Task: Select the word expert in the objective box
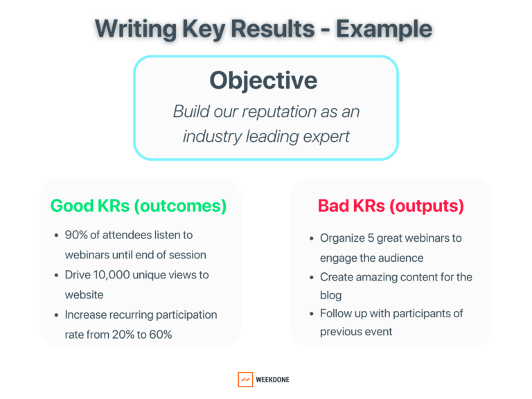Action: point(326,136)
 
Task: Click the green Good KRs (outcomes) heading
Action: point(138,206)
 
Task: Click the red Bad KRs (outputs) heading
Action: point(391,206)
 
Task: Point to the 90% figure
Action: point(77,236)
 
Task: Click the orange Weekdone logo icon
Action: point(245,380)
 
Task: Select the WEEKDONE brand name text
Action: point(273,380)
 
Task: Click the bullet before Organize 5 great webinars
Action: point(311,238)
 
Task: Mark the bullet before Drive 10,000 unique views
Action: point(56,275)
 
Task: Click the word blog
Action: point(330,296)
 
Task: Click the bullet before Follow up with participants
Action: point(311,314)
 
